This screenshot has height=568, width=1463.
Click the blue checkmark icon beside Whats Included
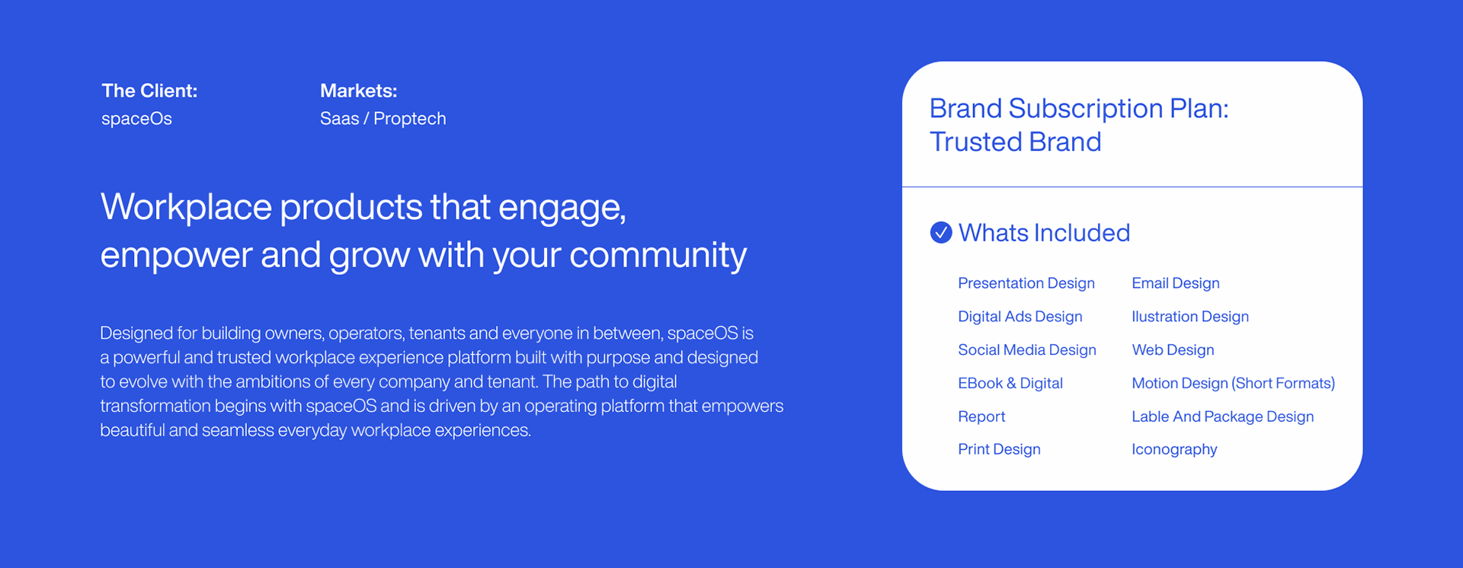click(x=941, y=232)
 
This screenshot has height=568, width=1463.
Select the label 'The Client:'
click(x=149, y=91)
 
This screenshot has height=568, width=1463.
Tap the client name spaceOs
click(x=136, y=119)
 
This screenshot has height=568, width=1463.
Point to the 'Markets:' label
click(x=359, y=91)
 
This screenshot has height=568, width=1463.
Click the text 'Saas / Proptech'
click(x=383, y=119)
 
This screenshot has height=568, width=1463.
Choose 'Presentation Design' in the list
click(x=1026, y=283)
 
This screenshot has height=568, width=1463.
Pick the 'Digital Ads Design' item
click(x=1020, y=317)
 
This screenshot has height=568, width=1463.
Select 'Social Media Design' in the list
click(x=1027, y=350)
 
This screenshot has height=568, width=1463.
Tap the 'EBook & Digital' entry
click(x=1010, y=383)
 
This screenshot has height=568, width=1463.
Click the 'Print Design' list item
click(x=999, y=449)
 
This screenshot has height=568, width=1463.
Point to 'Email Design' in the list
click(x=1176, y=283)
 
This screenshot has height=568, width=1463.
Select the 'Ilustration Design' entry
click(x=1190, y=317)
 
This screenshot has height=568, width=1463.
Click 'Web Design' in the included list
click(x=1173, y=350)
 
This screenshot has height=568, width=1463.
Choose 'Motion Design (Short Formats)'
click(x=1234, y=383)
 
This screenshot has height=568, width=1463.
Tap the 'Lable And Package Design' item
click(x=1223, y=416)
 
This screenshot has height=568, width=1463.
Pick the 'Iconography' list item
click(x=1174, y=449)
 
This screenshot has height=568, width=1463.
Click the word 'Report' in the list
click(x=981, y=416)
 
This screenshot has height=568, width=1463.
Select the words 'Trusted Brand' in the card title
click(x=1016, y=142)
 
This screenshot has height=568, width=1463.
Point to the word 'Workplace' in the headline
click(x=186, y=207)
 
